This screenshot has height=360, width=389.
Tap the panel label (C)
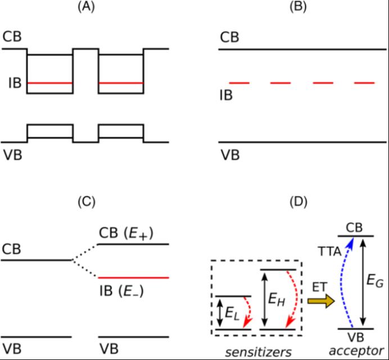85,201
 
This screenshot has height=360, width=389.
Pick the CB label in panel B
229,37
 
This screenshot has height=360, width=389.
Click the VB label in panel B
229,154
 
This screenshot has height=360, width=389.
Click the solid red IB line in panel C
133,278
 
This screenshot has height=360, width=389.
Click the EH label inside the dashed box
279,301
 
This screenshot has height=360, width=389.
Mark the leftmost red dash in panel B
239,83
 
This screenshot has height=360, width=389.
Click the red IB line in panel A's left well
50,84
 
